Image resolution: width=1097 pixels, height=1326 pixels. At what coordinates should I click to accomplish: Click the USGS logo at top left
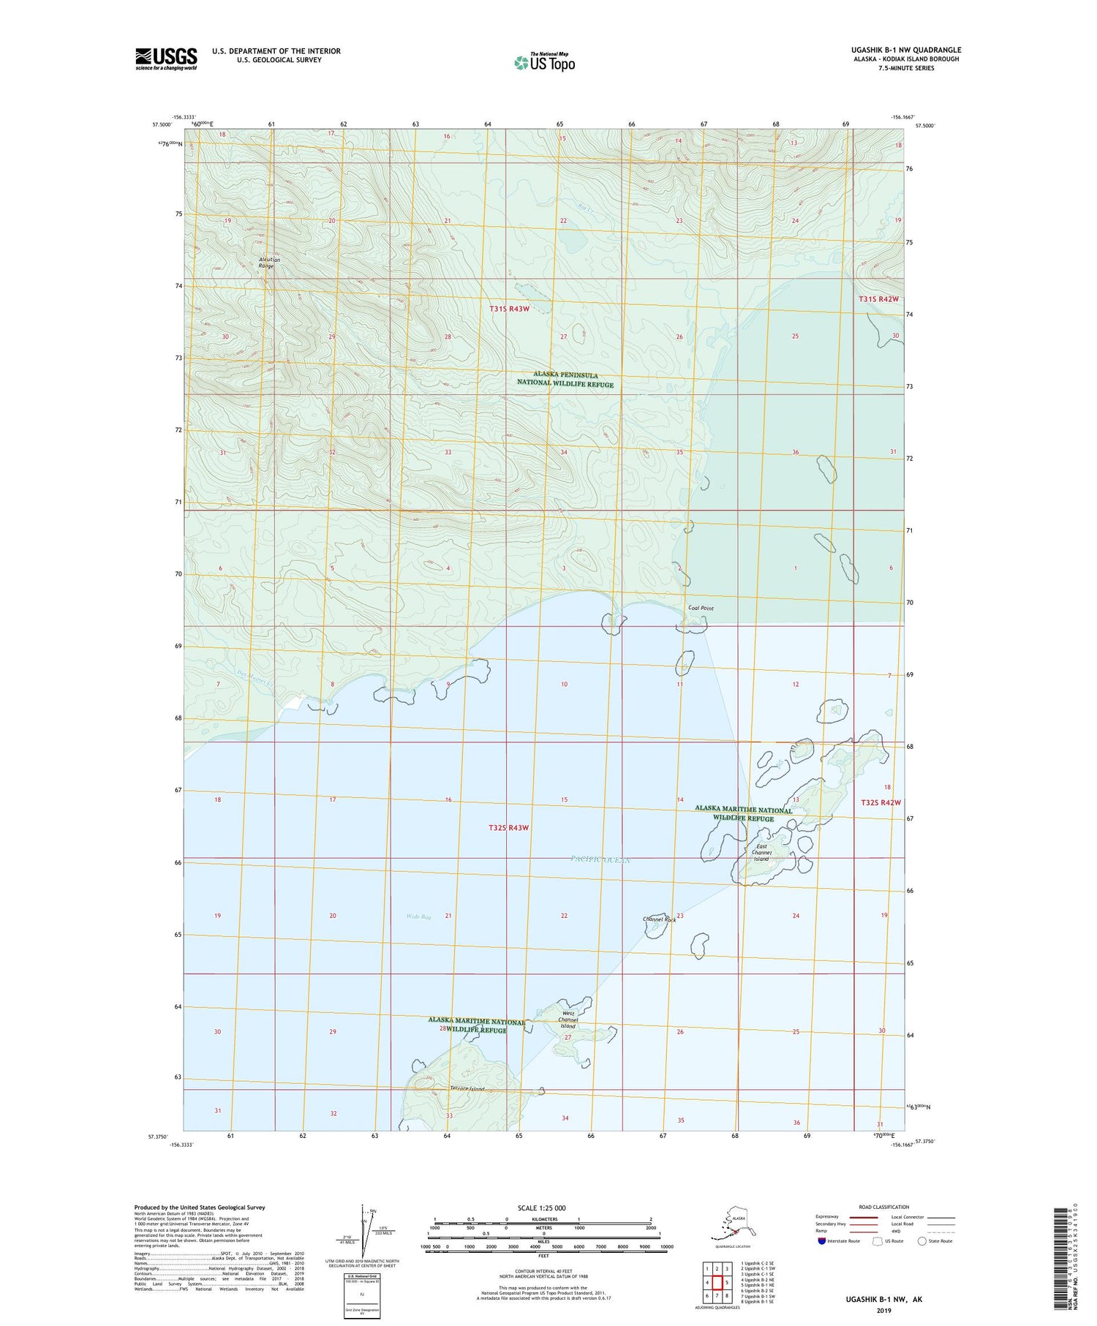[x=165, y=59]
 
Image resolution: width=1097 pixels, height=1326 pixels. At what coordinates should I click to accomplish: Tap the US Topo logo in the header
[x=544, y=62]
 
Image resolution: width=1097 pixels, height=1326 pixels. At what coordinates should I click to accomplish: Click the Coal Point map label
[x=701, y=608]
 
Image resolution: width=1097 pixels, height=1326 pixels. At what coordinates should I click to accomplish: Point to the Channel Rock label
[x=659, y=919]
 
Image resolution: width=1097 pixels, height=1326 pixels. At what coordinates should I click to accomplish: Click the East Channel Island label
[x=761, y=853]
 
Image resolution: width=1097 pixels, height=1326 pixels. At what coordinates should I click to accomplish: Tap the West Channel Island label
[x=568, y=1020]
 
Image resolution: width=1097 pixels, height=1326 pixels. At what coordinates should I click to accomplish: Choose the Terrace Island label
[x=467, y=1089]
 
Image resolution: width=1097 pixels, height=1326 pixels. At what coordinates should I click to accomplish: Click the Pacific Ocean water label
[x=600, y=860]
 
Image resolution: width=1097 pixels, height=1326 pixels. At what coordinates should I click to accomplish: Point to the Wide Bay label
[x=418, y=916]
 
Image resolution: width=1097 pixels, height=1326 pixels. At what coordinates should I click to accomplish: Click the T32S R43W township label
[x=508, y=828]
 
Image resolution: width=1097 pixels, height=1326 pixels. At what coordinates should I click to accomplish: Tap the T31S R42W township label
[x=878, y=299]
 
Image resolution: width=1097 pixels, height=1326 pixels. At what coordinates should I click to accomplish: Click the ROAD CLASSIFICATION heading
[x=883, y=1207]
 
